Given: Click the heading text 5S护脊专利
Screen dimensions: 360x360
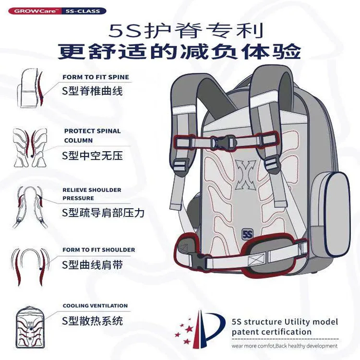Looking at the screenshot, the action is point(187,31).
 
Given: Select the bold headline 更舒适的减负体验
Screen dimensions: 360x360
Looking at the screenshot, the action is point(180,51).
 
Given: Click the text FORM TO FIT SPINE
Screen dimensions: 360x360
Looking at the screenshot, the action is point(96,77).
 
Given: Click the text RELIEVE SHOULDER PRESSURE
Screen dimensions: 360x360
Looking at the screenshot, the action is point(92,194).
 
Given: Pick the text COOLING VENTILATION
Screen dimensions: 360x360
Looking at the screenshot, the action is point(95,306).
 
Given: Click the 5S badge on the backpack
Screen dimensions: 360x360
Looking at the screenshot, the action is point(247,235).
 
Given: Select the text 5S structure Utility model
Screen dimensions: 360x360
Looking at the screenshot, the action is point(285,322).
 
